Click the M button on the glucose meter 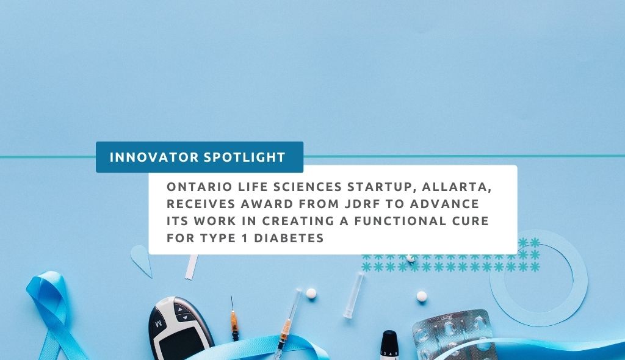click(x=158, y=324)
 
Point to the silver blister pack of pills click(x=454, y=335)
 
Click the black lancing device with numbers click(x=389, y=345)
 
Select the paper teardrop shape click(x=142, y=261)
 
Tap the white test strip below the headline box click(x=191, y=267)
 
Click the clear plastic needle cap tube click(x=353, y=295)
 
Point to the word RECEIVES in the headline click(x=200, y=204)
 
